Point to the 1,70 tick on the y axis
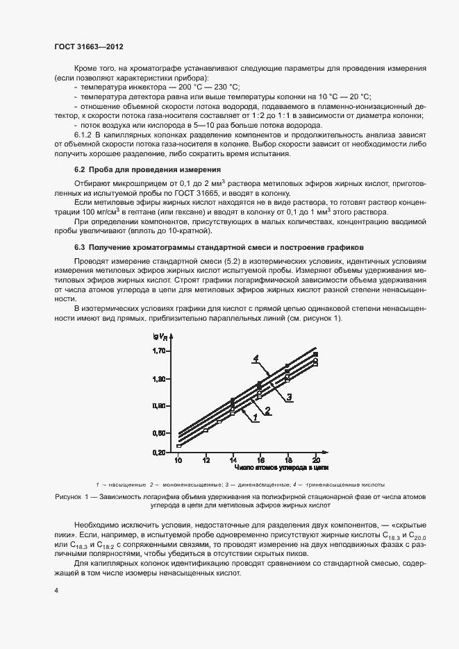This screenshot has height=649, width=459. click(160, 351)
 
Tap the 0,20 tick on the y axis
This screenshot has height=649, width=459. click(160, 452)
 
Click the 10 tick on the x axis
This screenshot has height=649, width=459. click(178, 460)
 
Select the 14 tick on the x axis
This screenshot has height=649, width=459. click(233, 460)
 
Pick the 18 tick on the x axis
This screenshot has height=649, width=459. click(287, 460)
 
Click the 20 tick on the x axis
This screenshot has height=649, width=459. click(315, 460)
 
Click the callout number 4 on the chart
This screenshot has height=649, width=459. click(256, 358)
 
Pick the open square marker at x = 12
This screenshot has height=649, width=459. click(206, 430)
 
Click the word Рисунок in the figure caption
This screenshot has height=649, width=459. click(68, 497)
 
